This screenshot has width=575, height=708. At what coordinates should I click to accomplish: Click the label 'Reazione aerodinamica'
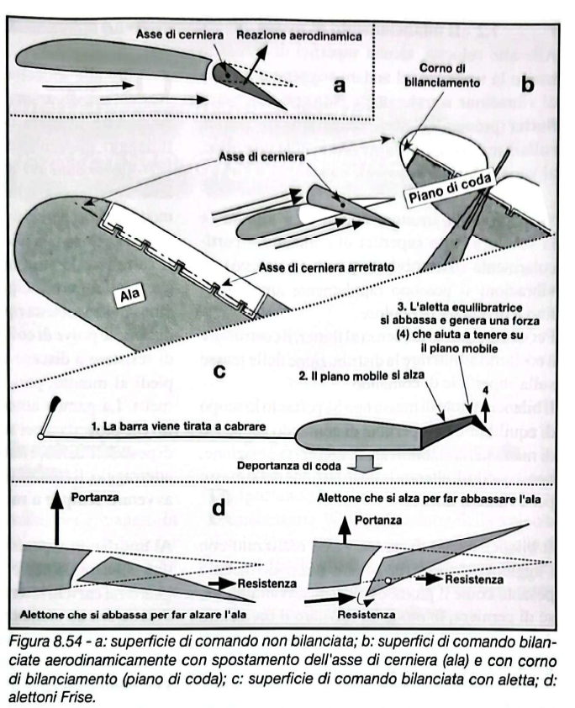point(298,38)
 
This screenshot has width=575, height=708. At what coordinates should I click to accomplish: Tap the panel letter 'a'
point(339,87)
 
